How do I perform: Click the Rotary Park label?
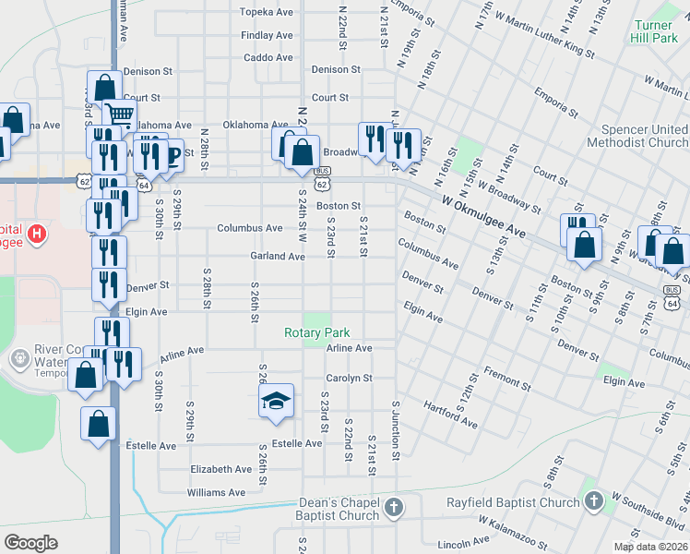coord(316,332)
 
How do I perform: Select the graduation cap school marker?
coord(274,401)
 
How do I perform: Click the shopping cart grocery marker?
coord(119,114)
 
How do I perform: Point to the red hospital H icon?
coord(36,234)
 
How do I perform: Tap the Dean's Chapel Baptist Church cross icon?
coord(394,507)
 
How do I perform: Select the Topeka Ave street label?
coord(266,12)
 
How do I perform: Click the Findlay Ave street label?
coord(266,35)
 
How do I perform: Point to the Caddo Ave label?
coord(268,57)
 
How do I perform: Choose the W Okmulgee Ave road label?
coord(484,217)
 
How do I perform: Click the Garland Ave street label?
coord(278,256)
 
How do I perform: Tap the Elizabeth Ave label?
coord(220,469)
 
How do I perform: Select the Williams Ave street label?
coord(216,492)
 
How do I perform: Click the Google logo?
coord(30,543)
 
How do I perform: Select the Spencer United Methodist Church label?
coord(644,136)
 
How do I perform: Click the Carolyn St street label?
coord(348,378)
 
